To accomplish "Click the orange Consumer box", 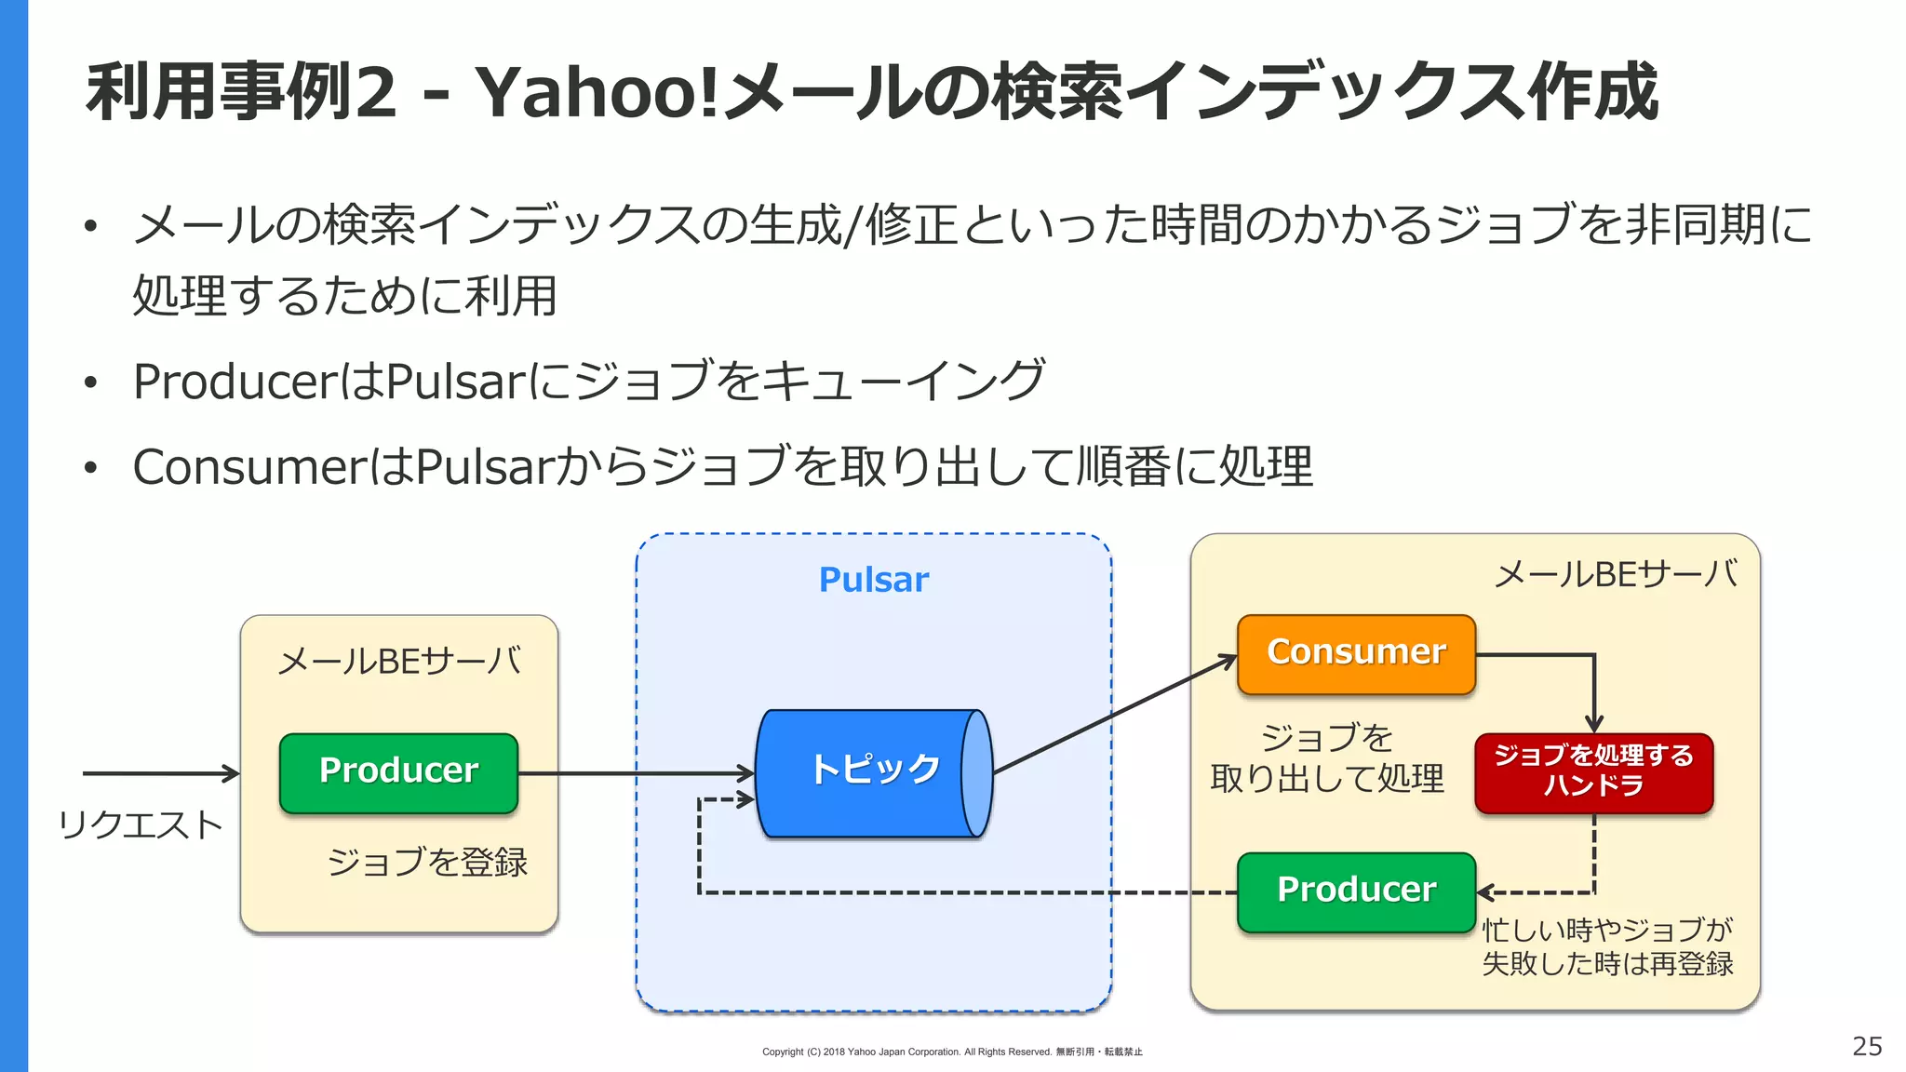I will click(x=1356, y=653).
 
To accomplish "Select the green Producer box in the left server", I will click(x=398, y=771).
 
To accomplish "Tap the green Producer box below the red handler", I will click(x=1356, y=891).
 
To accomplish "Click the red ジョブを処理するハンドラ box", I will click(x=1593, y=771).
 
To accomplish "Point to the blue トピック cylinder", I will click(x=873, y=771).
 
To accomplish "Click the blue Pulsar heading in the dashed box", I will click(x=873, y=580).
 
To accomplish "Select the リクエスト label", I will click(x=140, y=825).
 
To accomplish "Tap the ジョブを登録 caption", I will click(x=427, y=863).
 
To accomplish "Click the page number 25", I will click(x=1866, y=1046).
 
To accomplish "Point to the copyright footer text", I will click(x=951, y=1052).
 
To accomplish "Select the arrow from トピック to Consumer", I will click(x=1115, y=715).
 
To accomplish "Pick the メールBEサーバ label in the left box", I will click(x=398, y=662).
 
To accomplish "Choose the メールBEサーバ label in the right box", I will click(x=1615, y=574).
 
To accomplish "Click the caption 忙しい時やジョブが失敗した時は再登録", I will click(x=1606, y=946).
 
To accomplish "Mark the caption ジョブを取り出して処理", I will click(x=1326, y=757).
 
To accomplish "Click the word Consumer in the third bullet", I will click(x=250, y=467).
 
